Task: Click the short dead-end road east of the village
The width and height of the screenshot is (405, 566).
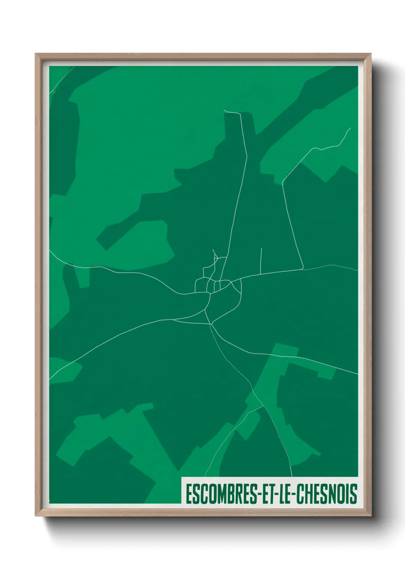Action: click(x=261, y=260)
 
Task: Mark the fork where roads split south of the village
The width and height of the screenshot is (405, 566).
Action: click(x=211, y=325)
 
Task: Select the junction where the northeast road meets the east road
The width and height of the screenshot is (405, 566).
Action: click(x=303, y=269)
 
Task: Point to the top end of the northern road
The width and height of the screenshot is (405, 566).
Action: click(x=224, y=111)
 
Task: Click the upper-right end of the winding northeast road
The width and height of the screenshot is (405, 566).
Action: click(x=350, y=128)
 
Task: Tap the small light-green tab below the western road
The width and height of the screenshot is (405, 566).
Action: click(x=83, y=278)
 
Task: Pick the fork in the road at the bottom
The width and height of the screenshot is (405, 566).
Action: click(x=262, y=406)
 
